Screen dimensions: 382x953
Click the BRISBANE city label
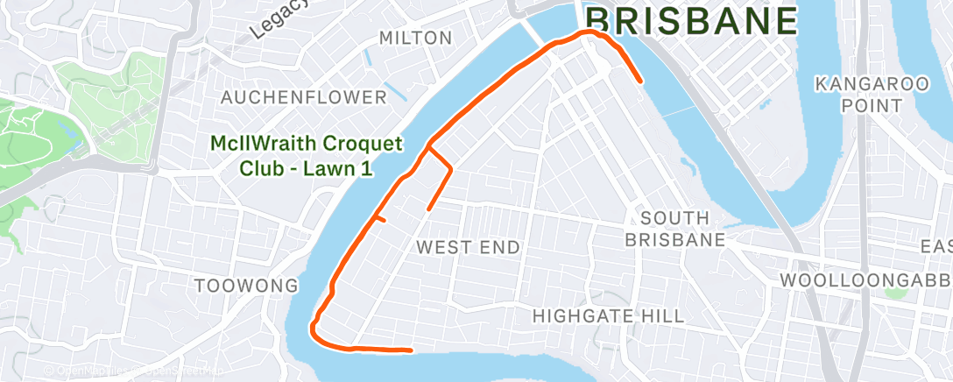point(692,20)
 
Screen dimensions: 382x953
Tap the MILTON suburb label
point(416,39)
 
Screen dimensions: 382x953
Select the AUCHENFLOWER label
point(303,97)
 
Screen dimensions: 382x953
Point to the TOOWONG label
point(246,286)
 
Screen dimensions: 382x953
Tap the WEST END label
point(468,247)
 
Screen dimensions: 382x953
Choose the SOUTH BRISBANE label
point(682,228)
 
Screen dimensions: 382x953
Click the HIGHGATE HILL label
point(608,315)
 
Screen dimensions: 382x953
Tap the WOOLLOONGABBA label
point(865,280)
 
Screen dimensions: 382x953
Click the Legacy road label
point(279,19)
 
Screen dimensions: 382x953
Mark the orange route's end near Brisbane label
point(642,81)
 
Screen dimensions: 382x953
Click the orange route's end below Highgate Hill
point(410,350)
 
